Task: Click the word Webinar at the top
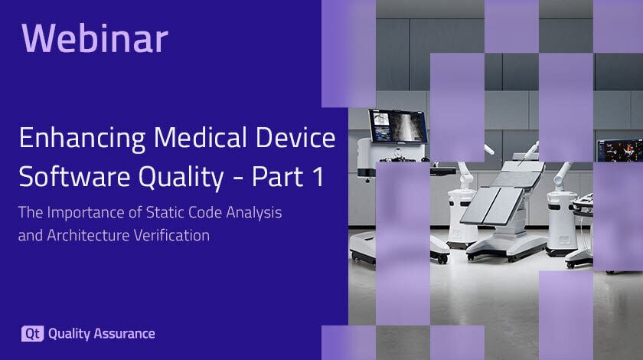(x=95, y=38)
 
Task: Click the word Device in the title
(x=295, y=137)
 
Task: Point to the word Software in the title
(x=74, y=176)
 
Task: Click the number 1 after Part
(x=318, y=177)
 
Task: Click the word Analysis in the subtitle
(x=254, y=214)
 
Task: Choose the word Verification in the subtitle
(x=171, y=235)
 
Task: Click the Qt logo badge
(x=32, y=334)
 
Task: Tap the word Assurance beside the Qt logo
(x=124, y=334)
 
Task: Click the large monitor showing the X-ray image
(x=397, y=126)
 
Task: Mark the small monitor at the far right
(x=619, y=150)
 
